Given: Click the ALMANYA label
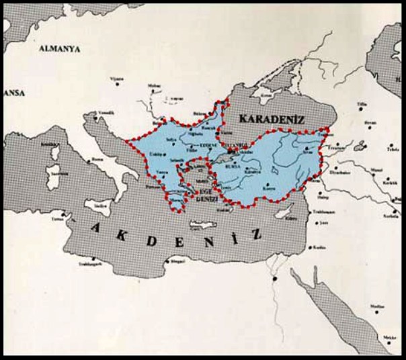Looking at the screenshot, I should click(60, 49).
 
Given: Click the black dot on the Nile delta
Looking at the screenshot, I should click(276, 276).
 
